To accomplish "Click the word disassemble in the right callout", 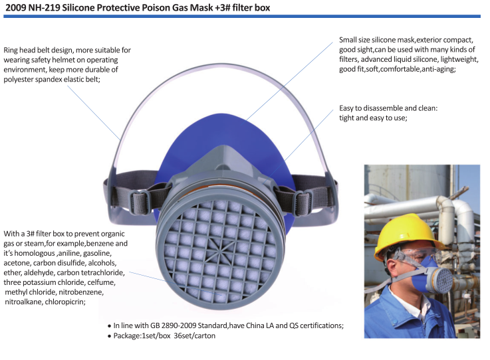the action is pos(381,108).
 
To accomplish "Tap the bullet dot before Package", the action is pos(110,337).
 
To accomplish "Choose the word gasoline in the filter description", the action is pos(97,253).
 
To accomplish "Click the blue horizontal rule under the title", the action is pos(242,16).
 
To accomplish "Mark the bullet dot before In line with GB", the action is pos(110,326).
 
